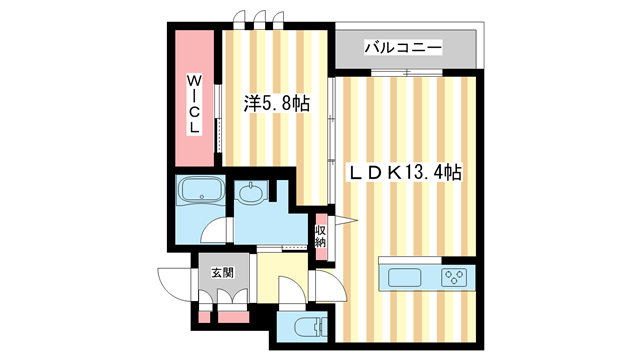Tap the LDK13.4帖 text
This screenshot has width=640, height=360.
point(403,173)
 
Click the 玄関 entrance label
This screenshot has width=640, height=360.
point(221,272)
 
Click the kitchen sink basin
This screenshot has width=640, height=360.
point(404,276)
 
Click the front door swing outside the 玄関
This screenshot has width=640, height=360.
point(172,283)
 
